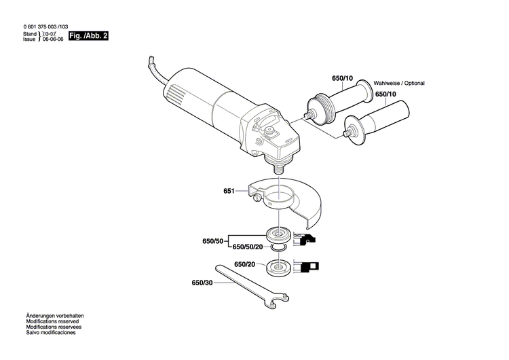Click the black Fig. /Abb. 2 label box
[89, 35]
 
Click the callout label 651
[229, 192]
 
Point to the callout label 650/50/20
[252, 248]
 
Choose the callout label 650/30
[202, 283]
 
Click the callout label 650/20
[244, 264]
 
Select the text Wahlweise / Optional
[398, 84]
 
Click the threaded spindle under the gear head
[278, 163]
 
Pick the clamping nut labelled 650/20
[278, 266]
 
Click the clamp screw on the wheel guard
[255, 198]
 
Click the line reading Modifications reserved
[52, 323]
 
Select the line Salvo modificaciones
[50, 334]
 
